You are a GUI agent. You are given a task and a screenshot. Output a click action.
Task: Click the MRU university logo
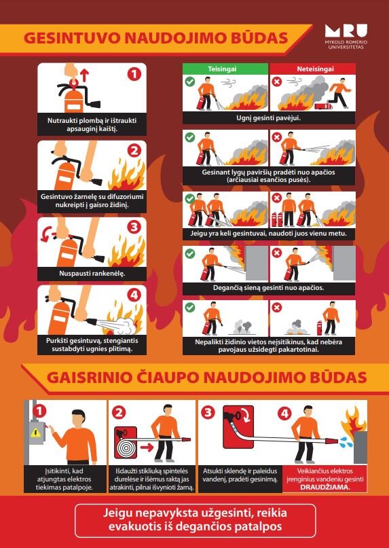click(x=346, y=37)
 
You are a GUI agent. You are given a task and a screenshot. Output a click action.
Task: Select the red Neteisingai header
click(x=313, y=69)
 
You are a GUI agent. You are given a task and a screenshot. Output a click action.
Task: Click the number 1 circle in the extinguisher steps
click(x=134, y=74)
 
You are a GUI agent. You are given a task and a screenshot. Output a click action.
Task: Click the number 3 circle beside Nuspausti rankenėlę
click(x=134, y=227)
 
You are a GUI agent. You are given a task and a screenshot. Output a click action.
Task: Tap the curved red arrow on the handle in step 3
click(x=45, y=235)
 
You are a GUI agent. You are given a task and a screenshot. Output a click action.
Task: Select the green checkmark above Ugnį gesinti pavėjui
click(x=190, y=82)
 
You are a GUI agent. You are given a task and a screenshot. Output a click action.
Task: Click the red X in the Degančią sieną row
click(x=277, y=253)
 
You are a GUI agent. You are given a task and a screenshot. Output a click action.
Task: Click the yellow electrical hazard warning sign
click(x=36, y=433)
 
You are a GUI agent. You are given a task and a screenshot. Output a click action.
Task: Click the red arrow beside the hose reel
click(x=147, y=447)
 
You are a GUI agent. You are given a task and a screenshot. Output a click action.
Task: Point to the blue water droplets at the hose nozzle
click(x=344, y=442)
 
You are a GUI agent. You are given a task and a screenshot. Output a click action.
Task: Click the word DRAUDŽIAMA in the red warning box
click(x=325, y=487)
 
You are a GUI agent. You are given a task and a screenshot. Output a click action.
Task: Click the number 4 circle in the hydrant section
click(x=284, y=414)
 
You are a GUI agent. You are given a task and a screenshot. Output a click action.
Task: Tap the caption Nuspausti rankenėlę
click(x=92, y=273)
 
